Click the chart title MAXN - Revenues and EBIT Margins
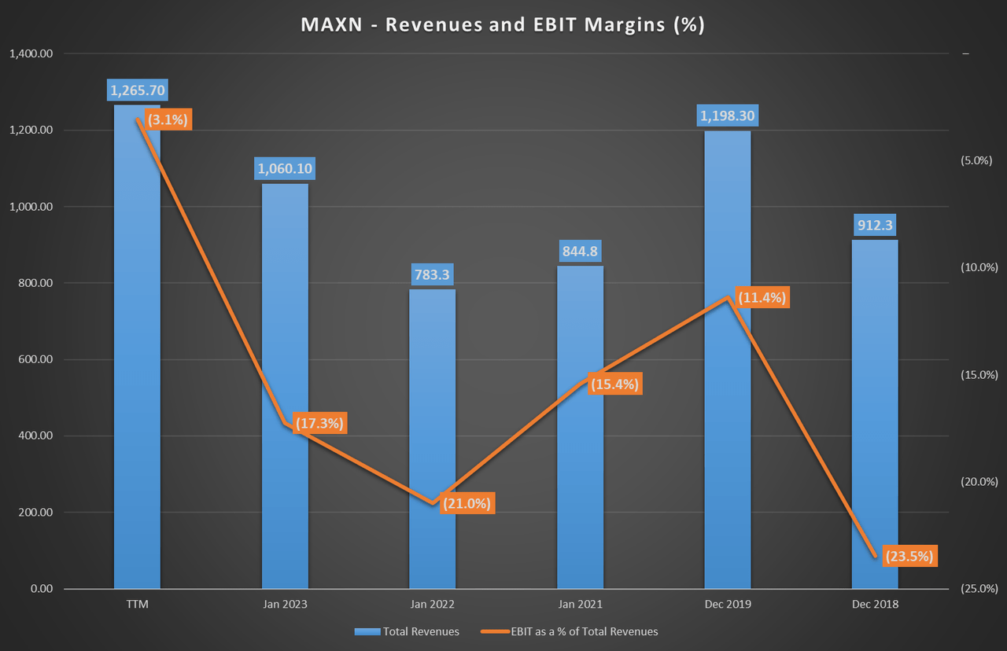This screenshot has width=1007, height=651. pos(503,24)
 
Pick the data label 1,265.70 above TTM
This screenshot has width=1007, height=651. pos(138,90)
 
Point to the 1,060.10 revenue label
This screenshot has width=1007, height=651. pos(284,167)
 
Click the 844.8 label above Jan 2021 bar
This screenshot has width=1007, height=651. pos(580,252)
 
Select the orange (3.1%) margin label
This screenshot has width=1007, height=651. pos(167,120)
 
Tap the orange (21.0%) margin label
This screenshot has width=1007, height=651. pos(467,503)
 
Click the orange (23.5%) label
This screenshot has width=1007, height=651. pos(909,556)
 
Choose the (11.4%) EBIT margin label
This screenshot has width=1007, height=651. pos(761,297)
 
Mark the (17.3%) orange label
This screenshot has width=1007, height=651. pos(319,423)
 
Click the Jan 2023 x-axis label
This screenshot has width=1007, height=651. pos(284,605)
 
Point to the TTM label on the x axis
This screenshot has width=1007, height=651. pos(137,605)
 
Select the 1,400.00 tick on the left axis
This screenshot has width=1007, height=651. pos(31,54)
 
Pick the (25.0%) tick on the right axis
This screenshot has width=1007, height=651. pos(979,589)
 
